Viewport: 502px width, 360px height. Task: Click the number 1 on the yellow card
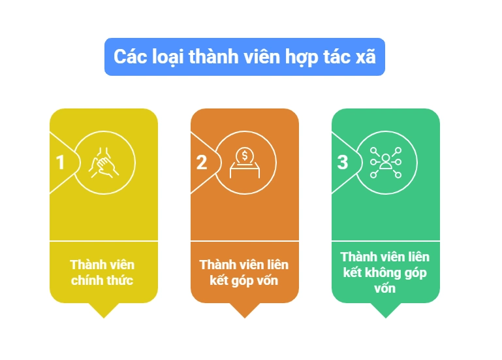point(60,162)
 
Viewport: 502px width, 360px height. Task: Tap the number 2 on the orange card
point(201,162)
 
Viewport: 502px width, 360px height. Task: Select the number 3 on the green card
point(343,162)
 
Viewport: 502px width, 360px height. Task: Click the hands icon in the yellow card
point(104,163)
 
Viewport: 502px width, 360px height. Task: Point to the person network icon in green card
point(386,163)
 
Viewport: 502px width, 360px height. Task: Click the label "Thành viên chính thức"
point(102,272)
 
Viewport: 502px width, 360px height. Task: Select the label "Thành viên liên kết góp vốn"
point(244,272)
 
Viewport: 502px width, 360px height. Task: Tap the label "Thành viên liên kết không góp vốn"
point(385,272)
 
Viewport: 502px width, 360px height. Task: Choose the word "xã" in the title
point(366,56)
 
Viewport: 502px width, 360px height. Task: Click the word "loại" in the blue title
point(168,57)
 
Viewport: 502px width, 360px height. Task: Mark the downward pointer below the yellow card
point(103,310)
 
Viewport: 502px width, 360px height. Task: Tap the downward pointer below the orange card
point(245,310)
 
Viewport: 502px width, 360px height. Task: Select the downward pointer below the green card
point(385,310)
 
